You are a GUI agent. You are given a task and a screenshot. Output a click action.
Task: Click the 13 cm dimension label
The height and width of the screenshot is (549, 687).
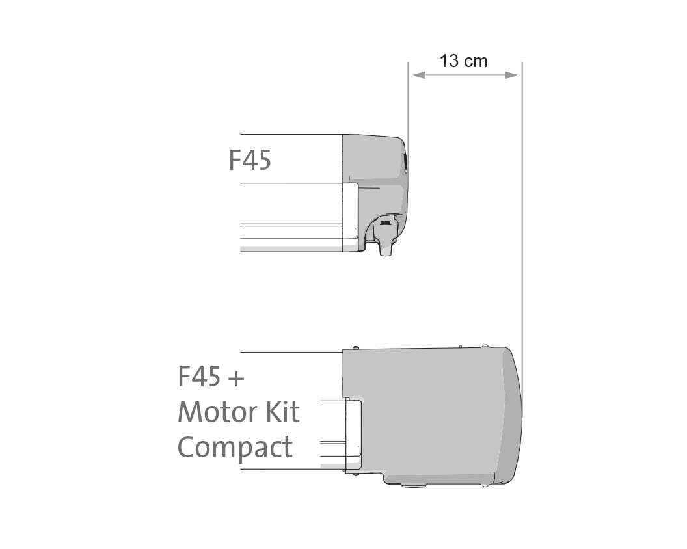[463, 61]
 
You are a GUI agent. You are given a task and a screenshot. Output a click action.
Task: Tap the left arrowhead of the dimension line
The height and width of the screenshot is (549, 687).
[418, 75]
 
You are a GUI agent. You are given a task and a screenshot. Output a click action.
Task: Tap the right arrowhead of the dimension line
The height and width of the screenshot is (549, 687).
[512, 75]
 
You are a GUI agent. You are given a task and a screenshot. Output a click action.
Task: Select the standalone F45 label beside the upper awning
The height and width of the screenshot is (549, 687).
[250, 160]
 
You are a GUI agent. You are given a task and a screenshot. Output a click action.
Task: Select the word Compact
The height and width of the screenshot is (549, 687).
[235, 448]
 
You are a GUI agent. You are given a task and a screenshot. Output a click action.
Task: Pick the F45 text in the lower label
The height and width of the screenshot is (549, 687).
[199, 377]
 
